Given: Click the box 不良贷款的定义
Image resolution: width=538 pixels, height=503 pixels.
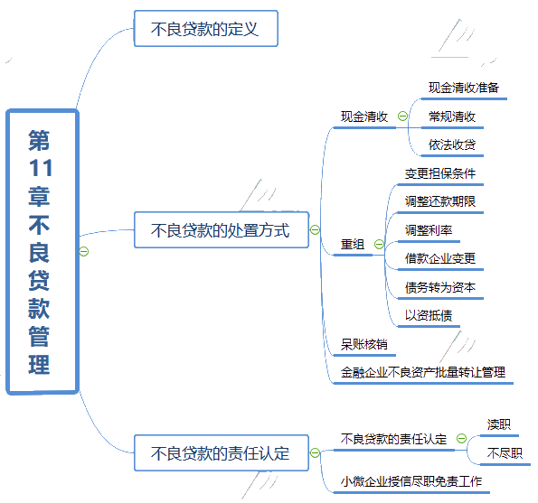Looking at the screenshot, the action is (x=206, y=28).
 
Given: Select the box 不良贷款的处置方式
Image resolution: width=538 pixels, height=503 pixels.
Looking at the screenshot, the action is (x=222, y=230).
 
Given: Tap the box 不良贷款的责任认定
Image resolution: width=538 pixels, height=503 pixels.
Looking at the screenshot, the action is (x=222, y=453).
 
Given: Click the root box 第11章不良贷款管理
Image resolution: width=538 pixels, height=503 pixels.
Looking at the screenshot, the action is (x=42, y=252).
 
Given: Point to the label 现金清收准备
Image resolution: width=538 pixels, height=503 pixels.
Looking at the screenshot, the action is (x=464, y=88).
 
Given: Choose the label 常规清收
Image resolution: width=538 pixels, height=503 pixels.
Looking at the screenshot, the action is (x=452, y=116).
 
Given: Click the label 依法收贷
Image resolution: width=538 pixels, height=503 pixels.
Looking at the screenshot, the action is (x=452, y=144).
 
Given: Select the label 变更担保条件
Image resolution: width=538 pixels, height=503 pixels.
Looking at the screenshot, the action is (x=440, y=173).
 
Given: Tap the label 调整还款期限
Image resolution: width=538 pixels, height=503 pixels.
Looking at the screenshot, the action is (x=440, y=201).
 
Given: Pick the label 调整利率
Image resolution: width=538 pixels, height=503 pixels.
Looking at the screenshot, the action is (x=429, y=230).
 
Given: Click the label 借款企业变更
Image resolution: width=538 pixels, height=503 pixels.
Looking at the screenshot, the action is (x=440, y=258).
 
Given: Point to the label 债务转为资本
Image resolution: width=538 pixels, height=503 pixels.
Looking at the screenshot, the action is (x=440, y=287).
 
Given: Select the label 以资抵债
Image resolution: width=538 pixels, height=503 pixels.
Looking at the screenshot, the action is (x=429, y=315).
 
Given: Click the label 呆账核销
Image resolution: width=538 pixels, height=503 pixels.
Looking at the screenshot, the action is (x=364, y=344).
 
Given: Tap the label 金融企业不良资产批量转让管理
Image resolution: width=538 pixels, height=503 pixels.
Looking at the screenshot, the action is (x=423, y=372).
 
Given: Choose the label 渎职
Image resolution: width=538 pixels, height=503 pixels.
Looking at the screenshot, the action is (x=499, y=424).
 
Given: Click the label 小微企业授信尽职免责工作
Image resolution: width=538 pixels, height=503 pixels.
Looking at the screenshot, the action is (x=411, y=481).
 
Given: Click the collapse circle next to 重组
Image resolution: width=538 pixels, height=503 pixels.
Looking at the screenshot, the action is (x=379, y=245).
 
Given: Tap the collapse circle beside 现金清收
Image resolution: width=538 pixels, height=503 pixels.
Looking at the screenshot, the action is (x=402, y=116).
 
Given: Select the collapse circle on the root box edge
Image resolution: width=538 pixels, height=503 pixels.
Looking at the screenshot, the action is (x=84, y=251).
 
